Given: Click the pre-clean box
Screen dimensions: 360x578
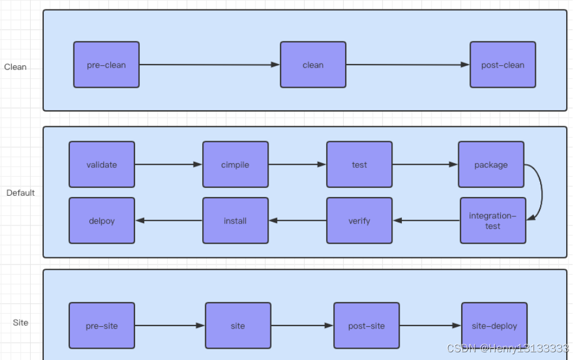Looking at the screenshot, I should click(106, 65).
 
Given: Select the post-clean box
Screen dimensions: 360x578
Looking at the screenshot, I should click(503, 65).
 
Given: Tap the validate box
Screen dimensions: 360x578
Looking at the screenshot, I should click(101, 164).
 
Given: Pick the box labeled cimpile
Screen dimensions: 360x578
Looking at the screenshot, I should click(235, 164).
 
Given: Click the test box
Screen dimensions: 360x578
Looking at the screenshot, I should click(359, 164).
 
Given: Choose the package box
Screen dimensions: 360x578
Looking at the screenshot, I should click(491, 164).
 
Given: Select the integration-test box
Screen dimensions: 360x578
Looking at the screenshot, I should click(493, 221).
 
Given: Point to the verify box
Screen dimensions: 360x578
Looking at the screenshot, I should click(359, 221).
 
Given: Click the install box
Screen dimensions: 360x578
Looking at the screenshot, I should click(235, 221).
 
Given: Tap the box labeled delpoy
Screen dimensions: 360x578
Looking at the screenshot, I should click(101, 221).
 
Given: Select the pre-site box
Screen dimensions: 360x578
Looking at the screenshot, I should click(101, 326).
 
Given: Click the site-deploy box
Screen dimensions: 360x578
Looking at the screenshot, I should click(494, 326).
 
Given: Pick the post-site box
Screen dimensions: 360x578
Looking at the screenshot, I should click(366, 326).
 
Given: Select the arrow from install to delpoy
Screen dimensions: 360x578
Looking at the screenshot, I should click(169, 221).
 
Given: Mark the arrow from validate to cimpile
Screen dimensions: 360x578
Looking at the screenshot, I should click(168, 164).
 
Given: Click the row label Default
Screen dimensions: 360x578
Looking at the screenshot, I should click(21, 193).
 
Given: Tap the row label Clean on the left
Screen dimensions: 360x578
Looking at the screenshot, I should click(15, 67).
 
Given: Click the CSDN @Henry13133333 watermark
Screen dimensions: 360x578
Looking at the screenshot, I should click(507, 348).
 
